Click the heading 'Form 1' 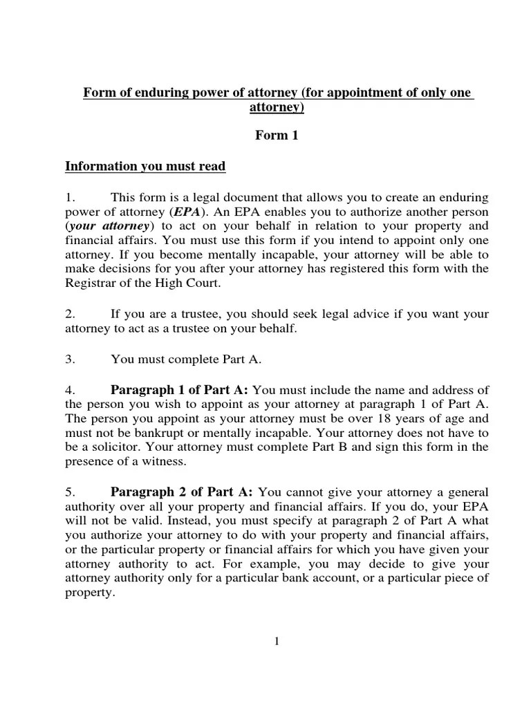[276, 136]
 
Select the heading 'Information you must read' [145, 167]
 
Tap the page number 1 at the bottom [277, 642]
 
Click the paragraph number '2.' [70, 314]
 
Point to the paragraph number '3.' [70, 358]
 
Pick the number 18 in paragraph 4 [407, 418]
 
